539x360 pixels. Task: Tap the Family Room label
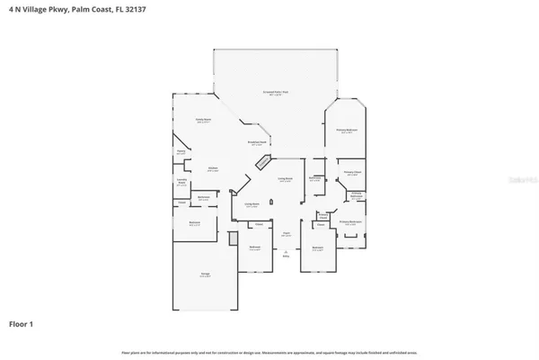[203, 120]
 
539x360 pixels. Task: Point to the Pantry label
[181, 153]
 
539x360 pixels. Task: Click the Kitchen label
[214, 169]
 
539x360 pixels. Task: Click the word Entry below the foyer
[287, 257]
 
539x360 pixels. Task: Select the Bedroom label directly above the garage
[193, 224]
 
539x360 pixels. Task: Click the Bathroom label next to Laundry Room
[204, 197]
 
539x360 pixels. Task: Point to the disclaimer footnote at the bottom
[269, 351]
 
